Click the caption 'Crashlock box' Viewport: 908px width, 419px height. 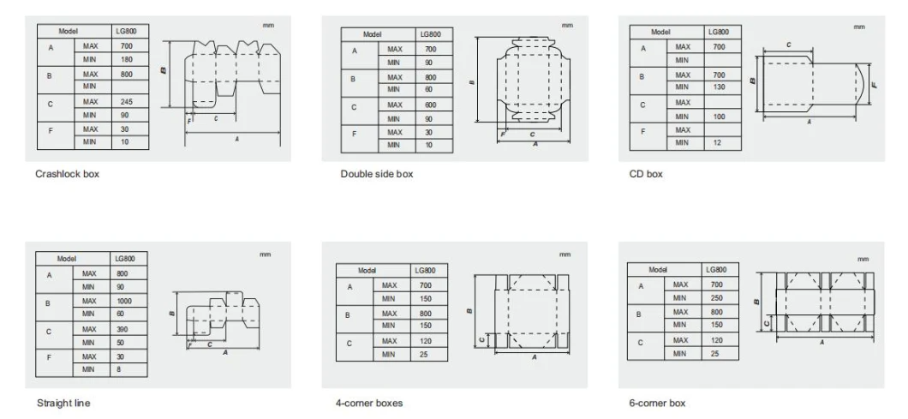pos(67,174)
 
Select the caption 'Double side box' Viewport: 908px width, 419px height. pos(377,174)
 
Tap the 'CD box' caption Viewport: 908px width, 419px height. pos(646,174)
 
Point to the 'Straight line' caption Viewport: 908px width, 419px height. pos(63,403)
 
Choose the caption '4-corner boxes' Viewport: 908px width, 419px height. pos(369,403)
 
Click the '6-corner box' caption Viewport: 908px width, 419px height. pos(657,403)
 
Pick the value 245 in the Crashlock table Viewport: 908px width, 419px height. pos(126,101)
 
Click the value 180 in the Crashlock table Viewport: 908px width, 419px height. pos(126,59)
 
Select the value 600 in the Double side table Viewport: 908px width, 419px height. pos(430,105)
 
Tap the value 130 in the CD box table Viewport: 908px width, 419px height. pos(719,87)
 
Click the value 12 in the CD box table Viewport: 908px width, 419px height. pos(717,142)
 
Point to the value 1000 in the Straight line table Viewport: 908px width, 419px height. pos(123,301)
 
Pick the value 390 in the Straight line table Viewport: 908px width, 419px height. pos(122,329)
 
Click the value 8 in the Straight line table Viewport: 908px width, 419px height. pos(119,368)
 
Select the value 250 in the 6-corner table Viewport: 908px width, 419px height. pos(716,298)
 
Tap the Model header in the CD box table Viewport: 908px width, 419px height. pos(660,32)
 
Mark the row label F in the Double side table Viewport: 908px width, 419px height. pos(354,135)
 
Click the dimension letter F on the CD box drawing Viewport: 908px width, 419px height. pos(874,85)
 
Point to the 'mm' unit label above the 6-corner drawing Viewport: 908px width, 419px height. pos(863,259)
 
